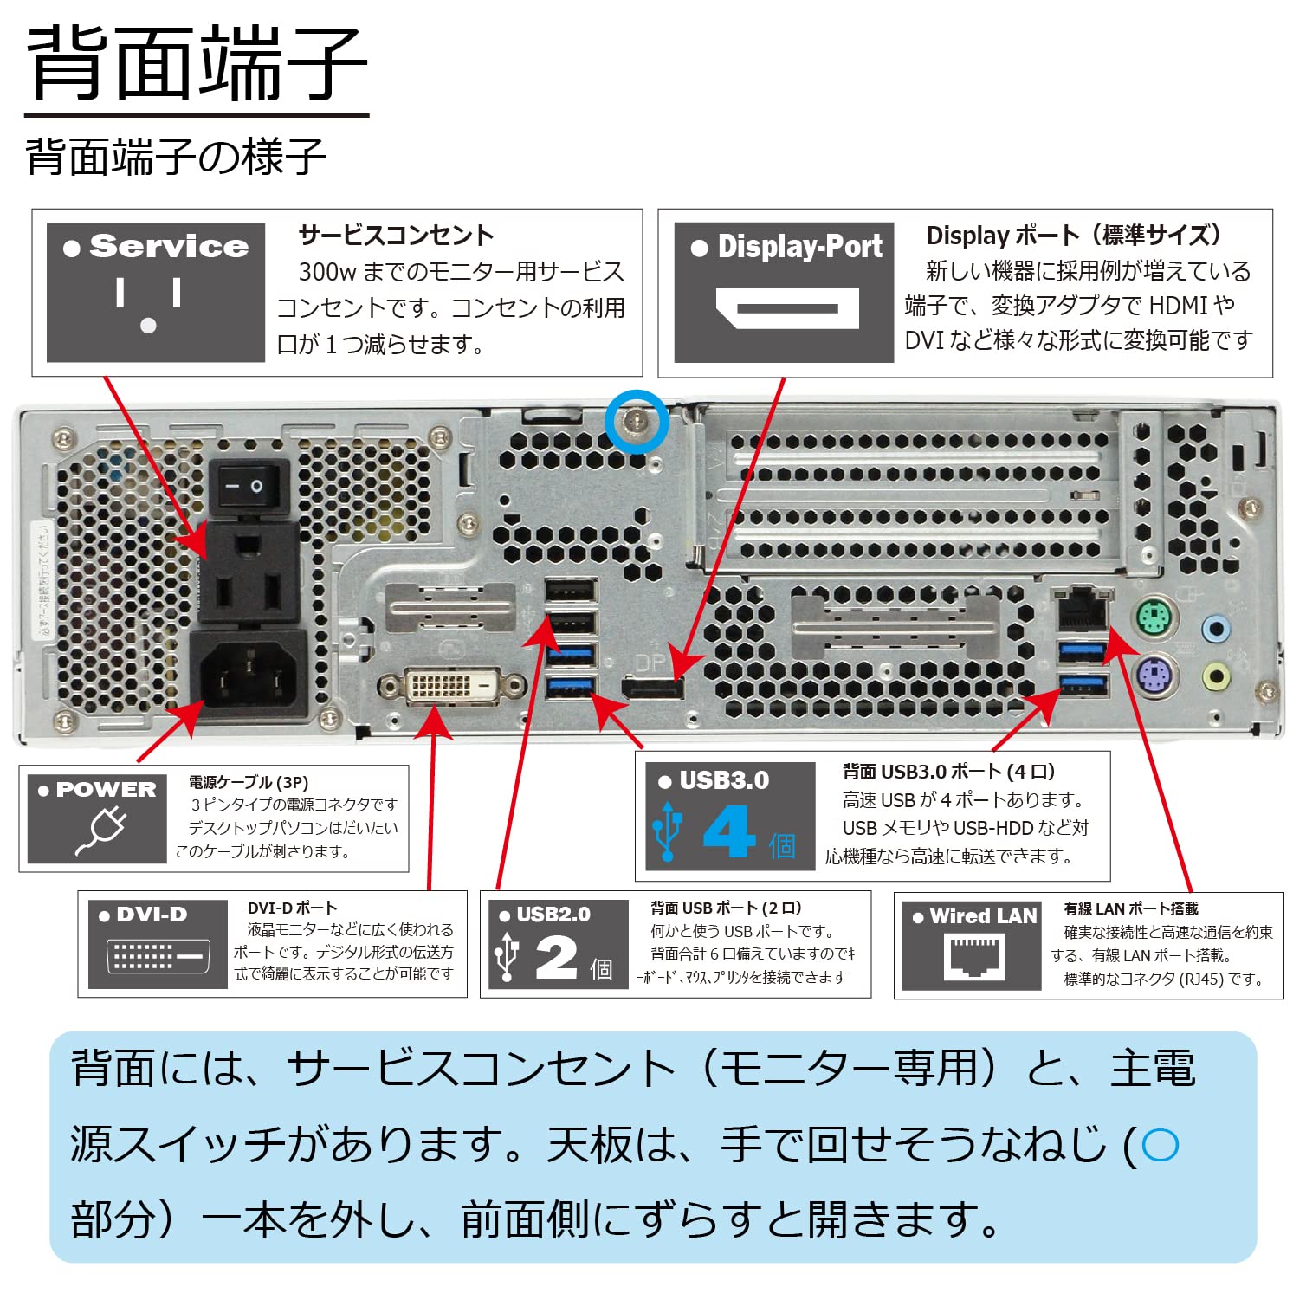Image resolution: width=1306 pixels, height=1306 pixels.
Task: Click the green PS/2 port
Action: pyautogui.click(x=1154, y=618)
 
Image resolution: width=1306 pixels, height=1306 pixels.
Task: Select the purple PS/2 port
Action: pyautogui.click(x=1154, y=673)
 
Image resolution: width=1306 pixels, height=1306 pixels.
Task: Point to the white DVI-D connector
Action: pyautogui.click(x=452, y=687)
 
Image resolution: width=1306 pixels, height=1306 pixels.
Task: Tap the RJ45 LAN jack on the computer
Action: pyautogui.click(x=1081, y=611)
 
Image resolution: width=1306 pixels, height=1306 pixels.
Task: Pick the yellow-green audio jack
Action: pyautogui.click(x=1217, y=676)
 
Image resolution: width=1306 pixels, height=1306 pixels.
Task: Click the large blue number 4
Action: pyautogui.click(x=729, y=832)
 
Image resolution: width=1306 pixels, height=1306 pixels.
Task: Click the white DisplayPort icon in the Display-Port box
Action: pyautogui.click(x=786, y=308)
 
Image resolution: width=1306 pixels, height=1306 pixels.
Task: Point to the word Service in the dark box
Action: pyautogui.click(x=169, y=247)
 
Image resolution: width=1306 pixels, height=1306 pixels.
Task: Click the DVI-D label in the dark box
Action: pyautogui.click(x=152, y=915)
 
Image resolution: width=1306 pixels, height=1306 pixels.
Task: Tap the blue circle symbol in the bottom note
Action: pyautogui.click(x=1160, y=1145)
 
